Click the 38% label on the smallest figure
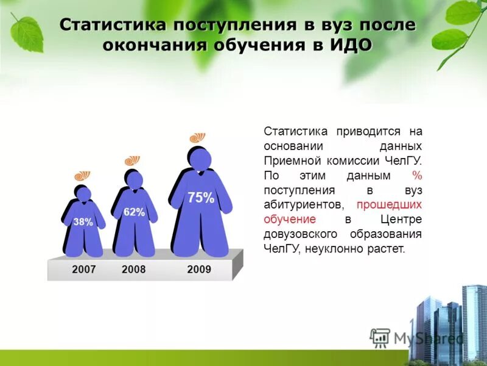pos(83,222)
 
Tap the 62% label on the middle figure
pos(134,212)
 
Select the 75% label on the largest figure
pos(200,198)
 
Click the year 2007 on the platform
pos(84,269)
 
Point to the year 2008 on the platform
pos(134,269)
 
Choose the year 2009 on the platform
pos(199,269)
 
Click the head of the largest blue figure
pos(200,160)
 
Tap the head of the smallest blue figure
pos(83,195)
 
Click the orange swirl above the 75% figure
pos(198,138)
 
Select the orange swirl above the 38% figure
pos(82,176)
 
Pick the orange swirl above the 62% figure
pos(132,160)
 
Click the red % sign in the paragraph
pos(417,175)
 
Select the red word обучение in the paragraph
pos(290,219)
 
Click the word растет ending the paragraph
pos(386,249)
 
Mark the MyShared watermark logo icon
pos(380,337)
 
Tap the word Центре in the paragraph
pos(401,219)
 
